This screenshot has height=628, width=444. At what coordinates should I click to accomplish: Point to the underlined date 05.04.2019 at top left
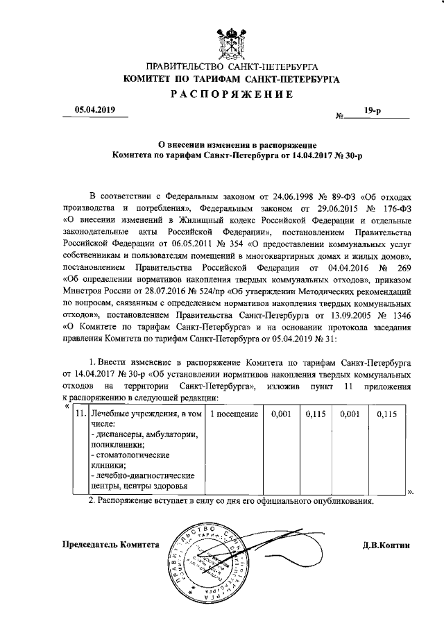[x=96, y=109]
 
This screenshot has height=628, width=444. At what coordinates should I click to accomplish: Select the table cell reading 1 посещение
[x=234, y=414]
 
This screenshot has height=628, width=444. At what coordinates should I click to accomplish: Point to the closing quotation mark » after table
[x=411, y=492]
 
